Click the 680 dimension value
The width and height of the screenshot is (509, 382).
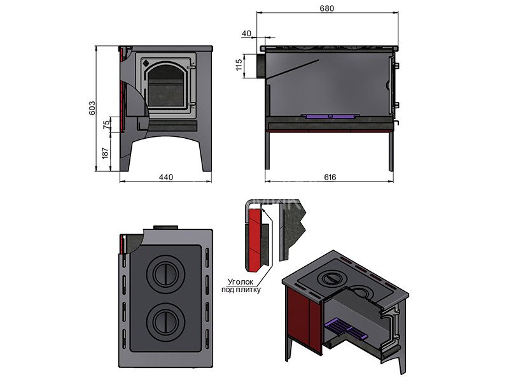[x=328, y=8]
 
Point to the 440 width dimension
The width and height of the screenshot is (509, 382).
[x=165, y=177]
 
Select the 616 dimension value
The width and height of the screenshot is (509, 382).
[x=328, y=177]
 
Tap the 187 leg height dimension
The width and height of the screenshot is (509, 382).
[x=105, y=153]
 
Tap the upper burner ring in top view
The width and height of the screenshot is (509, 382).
[x=164, y=276]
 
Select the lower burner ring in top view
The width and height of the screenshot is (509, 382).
[x=164, y=320]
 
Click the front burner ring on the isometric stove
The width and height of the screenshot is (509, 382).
[x=331, y=278]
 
